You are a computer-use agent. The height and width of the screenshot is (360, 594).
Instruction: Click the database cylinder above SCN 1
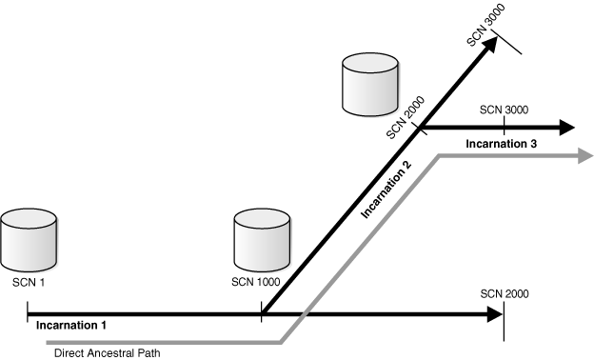coord(30,241)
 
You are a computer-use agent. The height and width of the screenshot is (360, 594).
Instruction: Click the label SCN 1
coord(29,282)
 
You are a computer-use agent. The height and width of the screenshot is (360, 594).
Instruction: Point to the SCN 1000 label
coord(256,282)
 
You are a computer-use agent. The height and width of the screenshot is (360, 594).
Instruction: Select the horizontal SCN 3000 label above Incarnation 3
coord(504,110)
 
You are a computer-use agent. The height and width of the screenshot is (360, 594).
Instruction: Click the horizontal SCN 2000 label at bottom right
coord(505,294)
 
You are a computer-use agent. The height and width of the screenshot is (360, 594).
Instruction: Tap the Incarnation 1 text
coord(72,325)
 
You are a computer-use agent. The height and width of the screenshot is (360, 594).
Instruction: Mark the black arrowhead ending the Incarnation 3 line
coord(566,127)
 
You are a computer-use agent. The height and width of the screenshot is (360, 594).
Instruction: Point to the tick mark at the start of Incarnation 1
coord(29,311)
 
